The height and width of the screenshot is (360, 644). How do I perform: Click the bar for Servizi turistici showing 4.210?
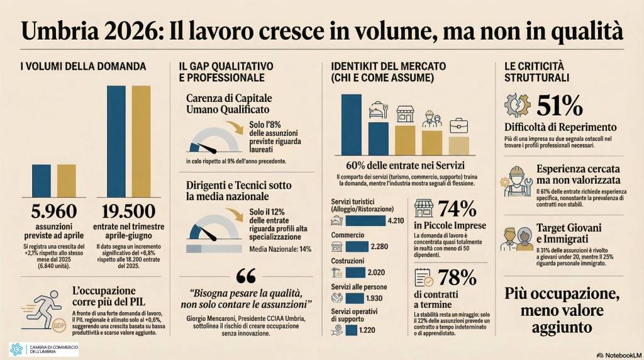366,220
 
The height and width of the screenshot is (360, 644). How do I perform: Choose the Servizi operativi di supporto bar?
350,329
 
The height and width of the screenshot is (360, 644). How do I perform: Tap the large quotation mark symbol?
246,277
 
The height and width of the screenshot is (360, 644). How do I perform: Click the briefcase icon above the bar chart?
459,125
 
